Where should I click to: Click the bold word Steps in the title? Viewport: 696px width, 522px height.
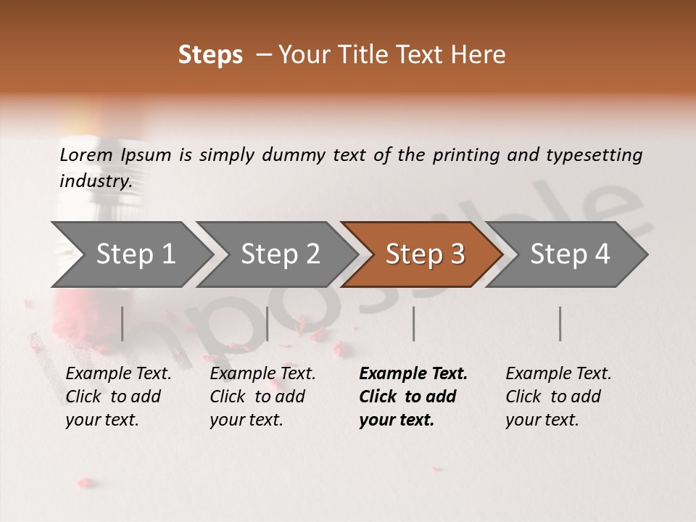tap(210, 55)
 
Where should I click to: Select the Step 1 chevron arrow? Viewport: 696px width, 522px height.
tap(130, 254)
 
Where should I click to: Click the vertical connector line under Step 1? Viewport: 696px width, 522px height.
tap(123, 323)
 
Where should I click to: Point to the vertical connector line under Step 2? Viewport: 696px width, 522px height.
tap(268, 323)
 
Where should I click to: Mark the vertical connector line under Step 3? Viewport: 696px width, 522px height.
tap(413, 323)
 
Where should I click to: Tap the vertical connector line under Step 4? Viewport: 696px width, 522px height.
tap(560, 323)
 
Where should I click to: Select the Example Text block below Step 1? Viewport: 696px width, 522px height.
tap(117, 397)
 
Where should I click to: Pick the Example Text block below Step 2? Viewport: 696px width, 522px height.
tap(262, 397)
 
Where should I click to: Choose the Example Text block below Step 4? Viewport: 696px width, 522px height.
tap(558, 397)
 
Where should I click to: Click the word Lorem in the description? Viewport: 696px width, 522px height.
tap(86, 154)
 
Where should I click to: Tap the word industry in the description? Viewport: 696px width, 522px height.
tap(95, 181)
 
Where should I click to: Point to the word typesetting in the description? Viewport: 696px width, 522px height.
tap(594, 154)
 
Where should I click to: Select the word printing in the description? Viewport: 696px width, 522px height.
tap(466, 154)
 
